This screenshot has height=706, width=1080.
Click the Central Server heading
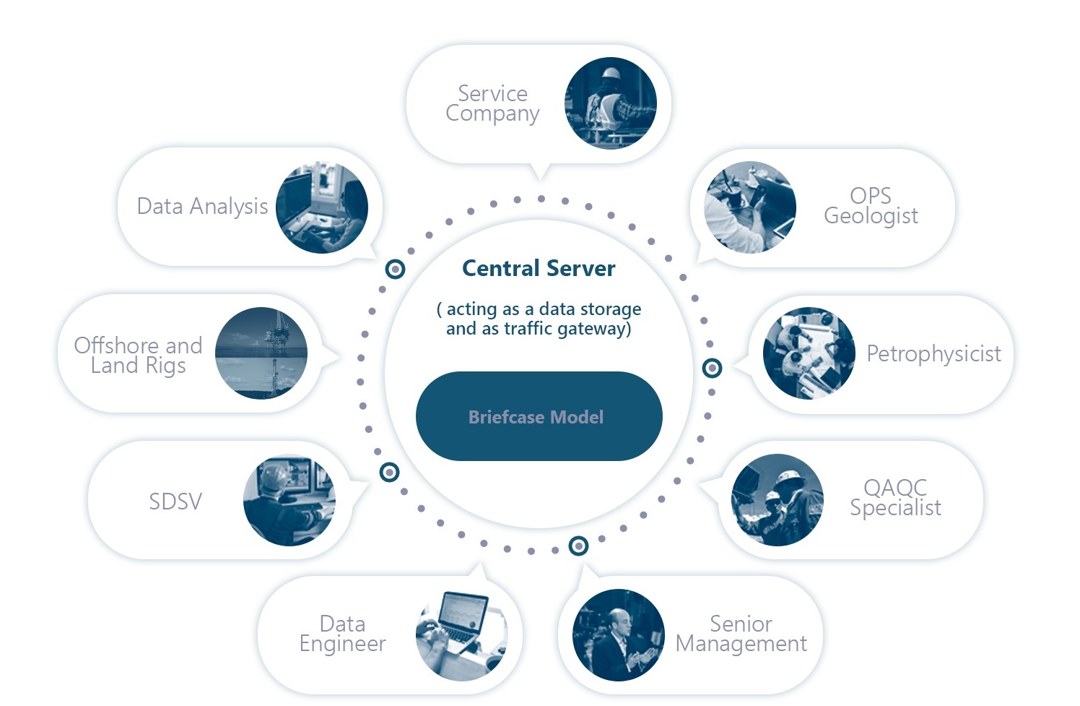point(539,268)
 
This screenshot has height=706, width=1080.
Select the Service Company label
point(492,103)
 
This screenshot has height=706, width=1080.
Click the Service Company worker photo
point(611,103)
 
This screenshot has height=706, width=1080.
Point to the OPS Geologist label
point(871,206)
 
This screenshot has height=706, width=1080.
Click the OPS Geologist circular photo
point(750,207)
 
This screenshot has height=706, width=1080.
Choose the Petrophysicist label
point(933,353)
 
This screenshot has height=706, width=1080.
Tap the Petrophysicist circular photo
point(809,353)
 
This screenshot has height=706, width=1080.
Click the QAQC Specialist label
point(895,498)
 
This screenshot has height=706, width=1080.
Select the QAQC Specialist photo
point(778,499)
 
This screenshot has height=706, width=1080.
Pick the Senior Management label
point(741,634)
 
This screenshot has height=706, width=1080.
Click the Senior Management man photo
point(618,635)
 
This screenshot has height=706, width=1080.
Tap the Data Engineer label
point(342,634)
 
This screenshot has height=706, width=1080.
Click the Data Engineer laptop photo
point(461,635)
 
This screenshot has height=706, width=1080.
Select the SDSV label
point(175,501)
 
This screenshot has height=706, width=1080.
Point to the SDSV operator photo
point(289,500)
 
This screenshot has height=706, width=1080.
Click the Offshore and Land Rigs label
point(138,355)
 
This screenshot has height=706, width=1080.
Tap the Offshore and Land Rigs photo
point(261,353)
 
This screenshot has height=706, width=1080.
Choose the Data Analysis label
point(202,207)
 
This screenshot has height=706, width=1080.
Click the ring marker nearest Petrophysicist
point(712,368)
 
